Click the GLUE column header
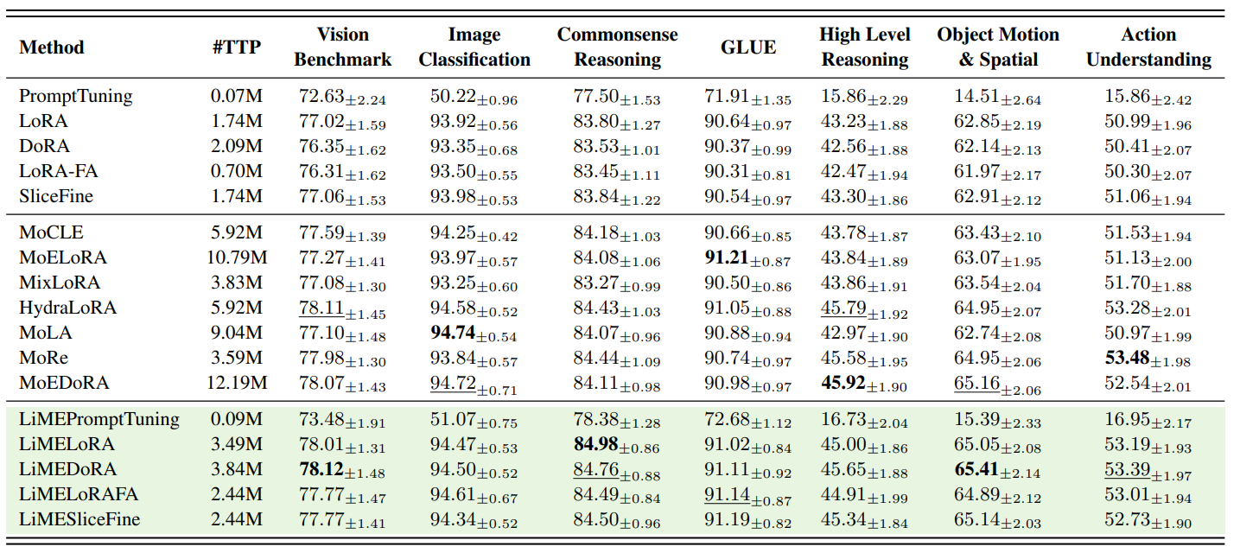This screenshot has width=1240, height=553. point(748,48)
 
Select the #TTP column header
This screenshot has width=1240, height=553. point(236,48)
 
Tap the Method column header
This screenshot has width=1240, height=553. point(52,48)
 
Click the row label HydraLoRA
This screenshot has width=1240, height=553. point(68,308)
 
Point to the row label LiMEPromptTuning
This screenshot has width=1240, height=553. point(99,420)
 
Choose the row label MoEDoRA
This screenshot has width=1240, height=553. point(65,383)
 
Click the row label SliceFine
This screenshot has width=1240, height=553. point(56,197)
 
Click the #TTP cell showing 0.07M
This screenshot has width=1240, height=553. point(236,97)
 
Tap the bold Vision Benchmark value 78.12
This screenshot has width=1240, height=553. point(321,470)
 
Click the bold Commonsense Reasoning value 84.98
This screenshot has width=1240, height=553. point(596,445)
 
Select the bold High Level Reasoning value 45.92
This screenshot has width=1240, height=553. point(843,383)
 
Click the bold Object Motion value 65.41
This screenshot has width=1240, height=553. point(977,470)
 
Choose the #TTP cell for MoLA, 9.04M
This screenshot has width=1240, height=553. point(236,333)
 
